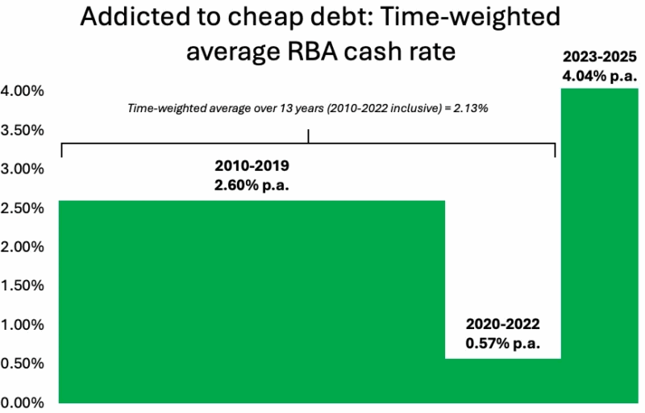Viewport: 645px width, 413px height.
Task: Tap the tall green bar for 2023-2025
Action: [x=600, y=245]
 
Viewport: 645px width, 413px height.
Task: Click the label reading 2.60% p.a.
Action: [x=252, y=185]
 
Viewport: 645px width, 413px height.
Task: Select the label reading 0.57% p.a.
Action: [x=501, y=343]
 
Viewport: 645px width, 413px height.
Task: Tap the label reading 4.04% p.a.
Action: [x=600, y=77]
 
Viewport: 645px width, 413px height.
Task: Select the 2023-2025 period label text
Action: [x=600, y=58]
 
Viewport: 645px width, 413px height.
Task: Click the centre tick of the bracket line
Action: [x=309, y=138]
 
